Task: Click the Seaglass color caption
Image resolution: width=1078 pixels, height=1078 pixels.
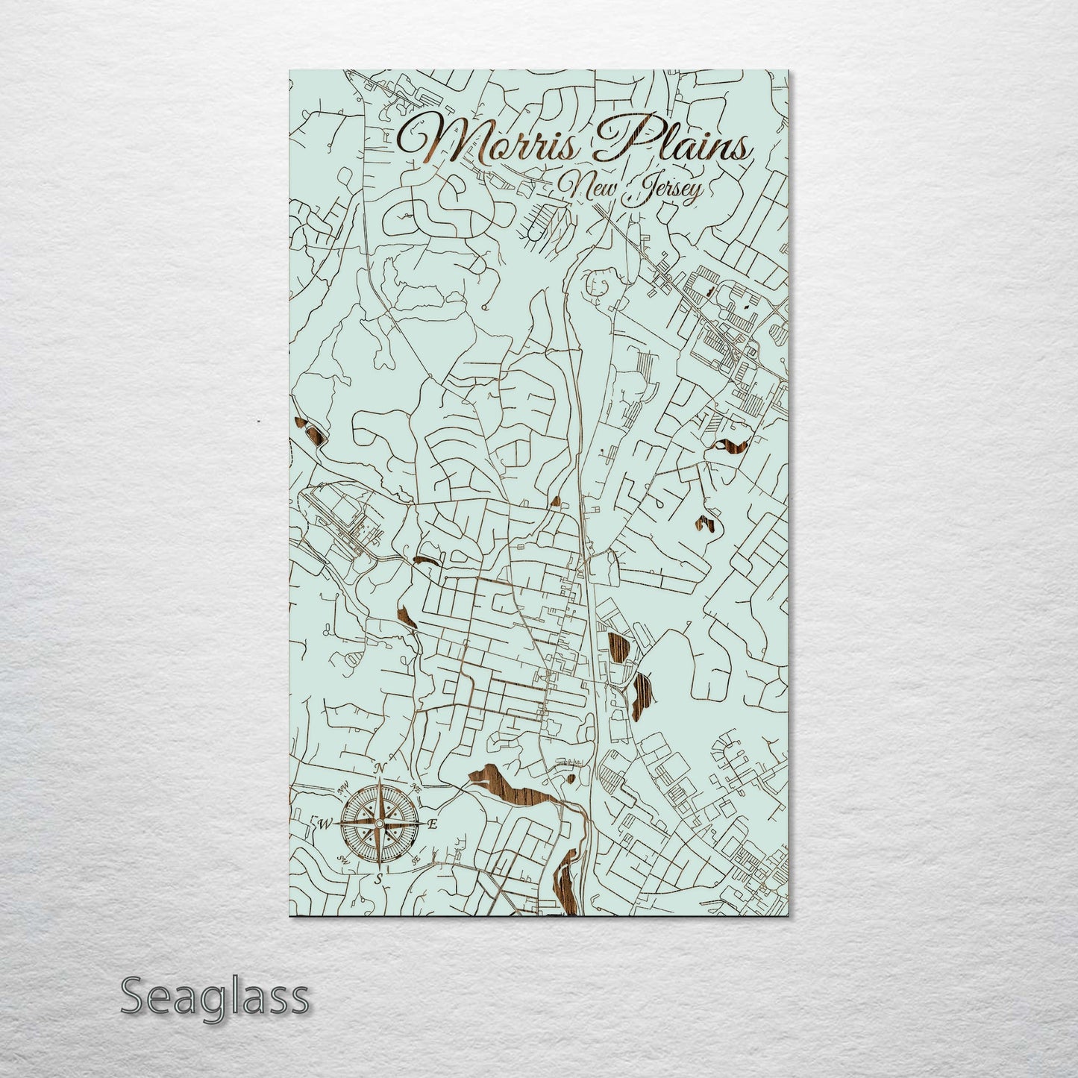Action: tap(214, 997)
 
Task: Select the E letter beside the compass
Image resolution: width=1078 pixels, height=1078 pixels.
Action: tap(433, 824)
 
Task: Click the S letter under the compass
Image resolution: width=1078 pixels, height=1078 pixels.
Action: tap(379, 879)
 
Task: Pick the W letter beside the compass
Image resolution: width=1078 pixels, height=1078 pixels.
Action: tap(326, 824)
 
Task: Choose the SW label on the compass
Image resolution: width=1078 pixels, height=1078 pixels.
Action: tap(344, 859)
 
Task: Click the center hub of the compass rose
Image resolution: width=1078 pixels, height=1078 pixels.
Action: tap(379, 824)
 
